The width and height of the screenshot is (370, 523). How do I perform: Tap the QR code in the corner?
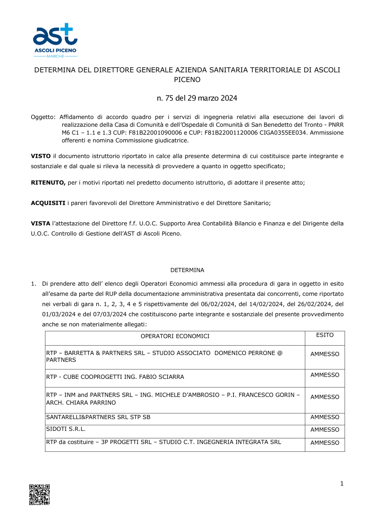[x=40, y=495]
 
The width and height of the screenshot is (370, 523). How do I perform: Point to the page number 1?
[x=342, y=483]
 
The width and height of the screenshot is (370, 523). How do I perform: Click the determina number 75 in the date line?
[x=169, y=98]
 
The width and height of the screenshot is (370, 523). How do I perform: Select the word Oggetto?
[x=43, y=117]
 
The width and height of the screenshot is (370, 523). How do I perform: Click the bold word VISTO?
[x=41, y=156]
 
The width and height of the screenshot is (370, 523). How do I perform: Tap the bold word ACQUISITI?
[x=48, y=203]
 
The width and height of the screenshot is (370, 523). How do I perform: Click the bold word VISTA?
[x=40, y=224]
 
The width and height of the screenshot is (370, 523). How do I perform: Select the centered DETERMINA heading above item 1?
[x=187, y=270]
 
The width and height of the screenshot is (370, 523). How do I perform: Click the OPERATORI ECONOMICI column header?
[x=175, y=336]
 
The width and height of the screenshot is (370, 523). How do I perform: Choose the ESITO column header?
[x=325, y=335]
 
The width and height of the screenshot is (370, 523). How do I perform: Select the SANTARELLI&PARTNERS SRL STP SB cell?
[x=98, y=417]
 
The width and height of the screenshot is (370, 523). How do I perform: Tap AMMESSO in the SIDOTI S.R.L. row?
[x=325, y=430]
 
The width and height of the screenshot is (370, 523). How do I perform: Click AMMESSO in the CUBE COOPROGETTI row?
[x=325, y=375]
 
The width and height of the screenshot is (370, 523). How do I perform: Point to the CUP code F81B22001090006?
[x=155, y=133]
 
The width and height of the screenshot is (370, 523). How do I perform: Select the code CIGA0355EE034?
[x=284, y=133]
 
